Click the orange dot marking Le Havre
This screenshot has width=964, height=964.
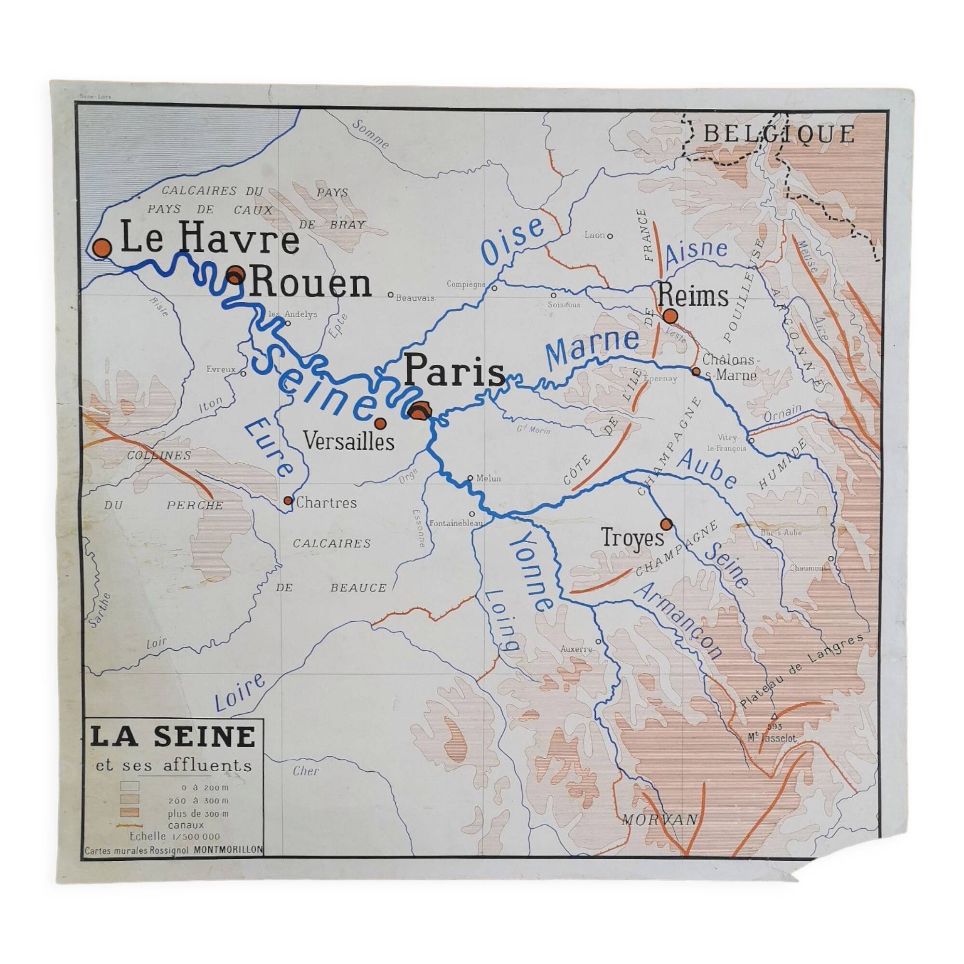point(102,247)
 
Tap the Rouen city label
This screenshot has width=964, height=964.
point(310,285)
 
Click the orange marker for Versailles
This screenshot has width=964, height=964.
point(380,423)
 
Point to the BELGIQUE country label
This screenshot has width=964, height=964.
point(779,134)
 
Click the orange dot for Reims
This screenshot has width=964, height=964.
point(670,315)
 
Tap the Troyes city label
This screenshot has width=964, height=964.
point(633,538)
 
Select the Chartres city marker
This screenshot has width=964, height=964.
point(288,500)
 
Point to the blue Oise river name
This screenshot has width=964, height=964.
point(514,242)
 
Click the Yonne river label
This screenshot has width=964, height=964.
point(531,571)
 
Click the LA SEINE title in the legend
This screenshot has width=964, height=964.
point(173,737)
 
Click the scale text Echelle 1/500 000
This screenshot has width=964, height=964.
point(174,837)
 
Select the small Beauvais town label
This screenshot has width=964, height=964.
point(415,298)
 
